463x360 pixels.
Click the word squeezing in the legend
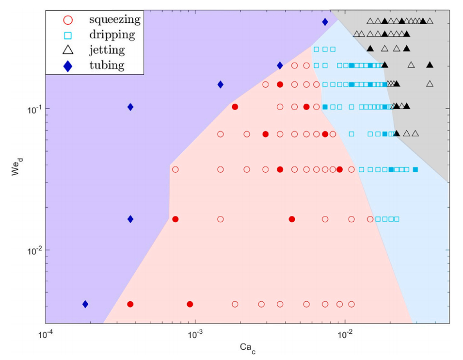pyautogui.click(x=114, y=20)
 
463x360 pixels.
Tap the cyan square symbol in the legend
pyautogui.click(x=68, y=35)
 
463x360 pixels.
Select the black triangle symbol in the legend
pyautogui.click(x=68, y=50)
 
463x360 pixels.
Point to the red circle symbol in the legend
pyautogui.click(x=68, y=20)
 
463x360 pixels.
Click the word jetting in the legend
pyautogui.click(x=107, y=50)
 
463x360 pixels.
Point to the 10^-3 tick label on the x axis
pyautogui.click(x=195, y=335)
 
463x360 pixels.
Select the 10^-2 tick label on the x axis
pyautogui.click(x=345, y=335)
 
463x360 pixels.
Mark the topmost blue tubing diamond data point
pyautogui.click(x=325, y=22)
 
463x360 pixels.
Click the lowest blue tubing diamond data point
pyautogui.click(x=85, y=304)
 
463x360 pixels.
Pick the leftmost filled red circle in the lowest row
pyautogui.click(x=130, y=304)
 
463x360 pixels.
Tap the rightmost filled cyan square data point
pyautogui.click(x=415, y=170)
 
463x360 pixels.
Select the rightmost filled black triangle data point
pyautogui.click(x=430, y=65)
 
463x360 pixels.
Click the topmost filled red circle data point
pyautogui.click(x=280, y=84)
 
